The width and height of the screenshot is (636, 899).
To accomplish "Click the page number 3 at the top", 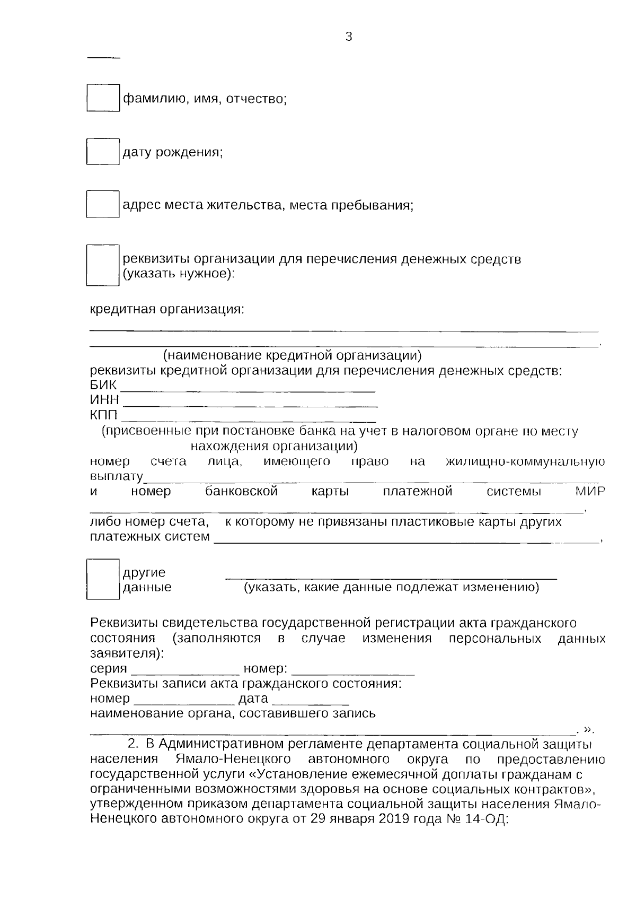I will (348, 37).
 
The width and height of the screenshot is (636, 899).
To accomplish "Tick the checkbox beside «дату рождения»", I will (103, 151).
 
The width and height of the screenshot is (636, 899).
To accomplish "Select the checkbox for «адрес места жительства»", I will (103, 204).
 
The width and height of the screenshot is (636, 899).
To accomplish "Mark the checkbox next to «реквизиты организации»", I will (103, 265).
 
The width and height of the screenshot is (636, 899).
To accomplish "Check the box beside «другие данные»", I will (103, 579).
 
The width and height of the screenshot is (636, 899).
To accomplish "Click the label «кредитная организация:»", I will (167, 309).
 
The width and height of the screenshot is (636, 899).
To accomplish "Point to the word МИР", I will (589, 491).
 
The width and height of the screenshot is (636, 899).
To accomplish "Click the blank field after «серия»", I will (184, 669).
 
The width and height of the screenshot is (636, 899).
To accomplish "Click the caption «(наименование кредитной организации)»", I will (292, 354).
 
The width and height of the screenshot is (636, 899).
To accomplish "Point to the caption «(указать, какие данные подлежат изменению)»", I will (391, 587).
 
